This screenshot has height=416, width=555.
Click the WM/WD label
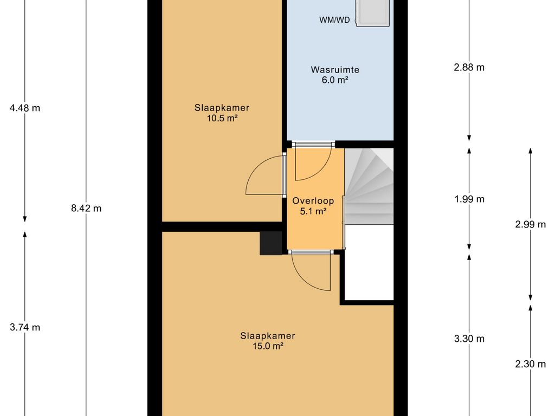(x=334, y=20)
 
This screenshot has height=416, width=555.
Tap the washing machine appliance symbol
(x=373, y=13)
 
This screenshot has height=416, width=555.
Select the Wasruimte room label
(x=335, y=70)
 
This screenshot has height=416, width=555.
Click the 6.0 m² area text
(x=335, y=80)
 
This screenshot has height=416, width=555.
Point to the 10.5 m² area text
(x=222, y=118)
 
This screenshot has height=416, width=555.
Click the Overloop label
(x=313, y=201)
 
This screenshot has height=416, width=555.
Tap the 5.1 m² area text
(x=313, y=212)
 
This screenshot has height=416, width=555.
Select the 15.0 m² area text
(x=268, y=346)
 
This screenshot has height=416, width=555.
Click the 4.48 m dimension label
(x=25, y=108)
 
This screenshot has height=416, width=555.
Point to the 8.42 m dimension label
(x=86, y=209)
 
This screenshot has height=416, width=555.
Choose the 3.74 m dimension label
(x=25, y=328)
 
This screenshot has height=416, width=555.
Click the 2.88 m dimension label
(x=469, y=68)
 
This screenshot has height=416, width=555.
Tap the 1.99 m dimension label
(x=469, y=199)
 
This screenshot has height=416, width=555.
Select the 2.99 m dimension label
(x=530, y=224)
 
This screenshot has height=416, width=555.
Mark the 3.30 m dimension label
(x=469, y=339)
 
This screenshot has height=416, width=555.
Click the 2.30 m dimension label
(x=530, y=364)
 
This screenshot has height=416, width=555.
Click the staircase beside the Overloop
(x=369, y=186)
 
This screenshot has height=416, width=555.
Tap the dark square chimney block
(x=271, y=243)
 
